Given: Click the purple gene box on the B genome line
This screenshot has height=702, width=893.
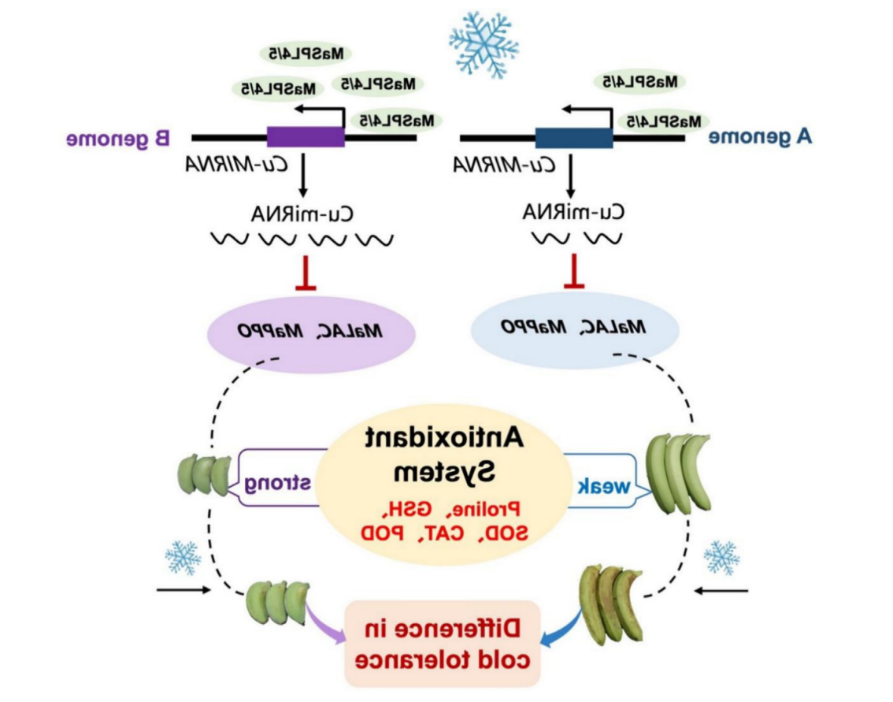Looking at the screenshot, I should click(306, 137).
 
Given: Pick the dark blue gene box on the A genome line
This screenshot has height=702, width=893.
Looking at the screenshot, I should click(573, 138).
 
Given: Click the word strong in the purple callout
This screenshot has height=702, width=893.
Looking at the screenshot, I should click(278, 483).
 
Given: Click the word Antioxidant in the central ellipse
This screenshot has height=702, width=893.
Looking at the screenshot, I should click(446, 439).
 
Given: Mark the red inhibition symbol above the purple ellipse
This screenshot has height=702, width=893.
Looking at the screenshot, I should click(306, 274).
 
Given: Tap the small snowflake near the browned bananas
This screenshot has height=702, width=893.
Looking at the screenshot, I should click(721, 557).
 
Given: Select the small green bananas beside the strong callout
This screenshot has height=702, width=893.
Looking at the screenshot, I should click(204, 475).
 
